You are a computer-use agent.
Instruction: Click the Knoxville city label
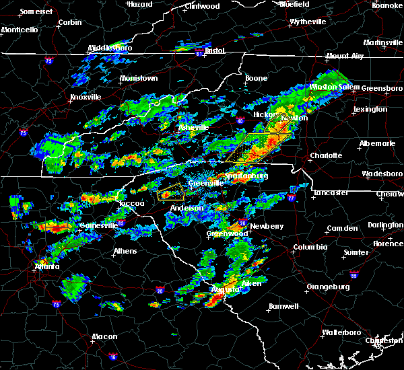pos(86,97)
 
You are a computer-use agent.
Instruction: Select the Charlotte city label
pos(326,155)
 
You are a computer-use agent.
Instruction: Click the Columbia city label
pos(310,247)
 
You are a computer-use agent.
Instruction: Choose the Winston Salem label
pos(334,87)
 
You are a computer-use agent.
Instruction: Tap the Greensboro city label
pos(382,88)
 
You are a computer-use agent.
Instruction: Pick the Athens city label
pos(125,251)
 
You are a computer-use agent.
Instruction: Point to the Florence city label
pos(389,243)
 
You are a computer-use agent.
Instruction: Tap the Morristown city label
pos(138,79)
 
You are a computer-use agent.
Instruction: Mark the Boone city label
pos(256,78)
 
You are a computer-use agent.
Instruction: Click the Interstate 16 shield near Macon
pos(112,357)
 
